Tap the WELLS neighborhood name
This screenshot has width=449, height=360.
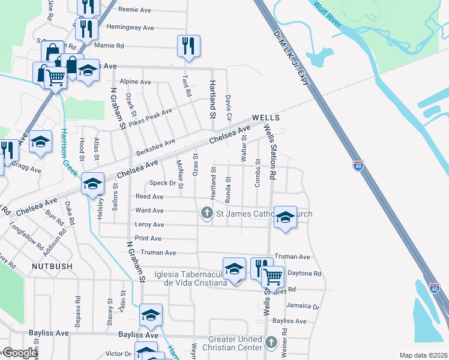266,118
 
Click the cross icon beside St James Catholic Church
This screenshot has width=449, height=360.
207,213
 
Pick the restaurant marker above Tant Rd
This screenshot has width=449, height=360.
188,46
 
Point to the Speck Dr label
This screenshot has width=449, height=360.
163,183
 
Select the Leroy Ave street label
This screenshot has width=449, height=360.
149,224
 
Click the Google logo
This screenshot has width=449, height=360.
20,353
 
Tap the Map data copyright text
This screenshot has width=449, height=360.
423,355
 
